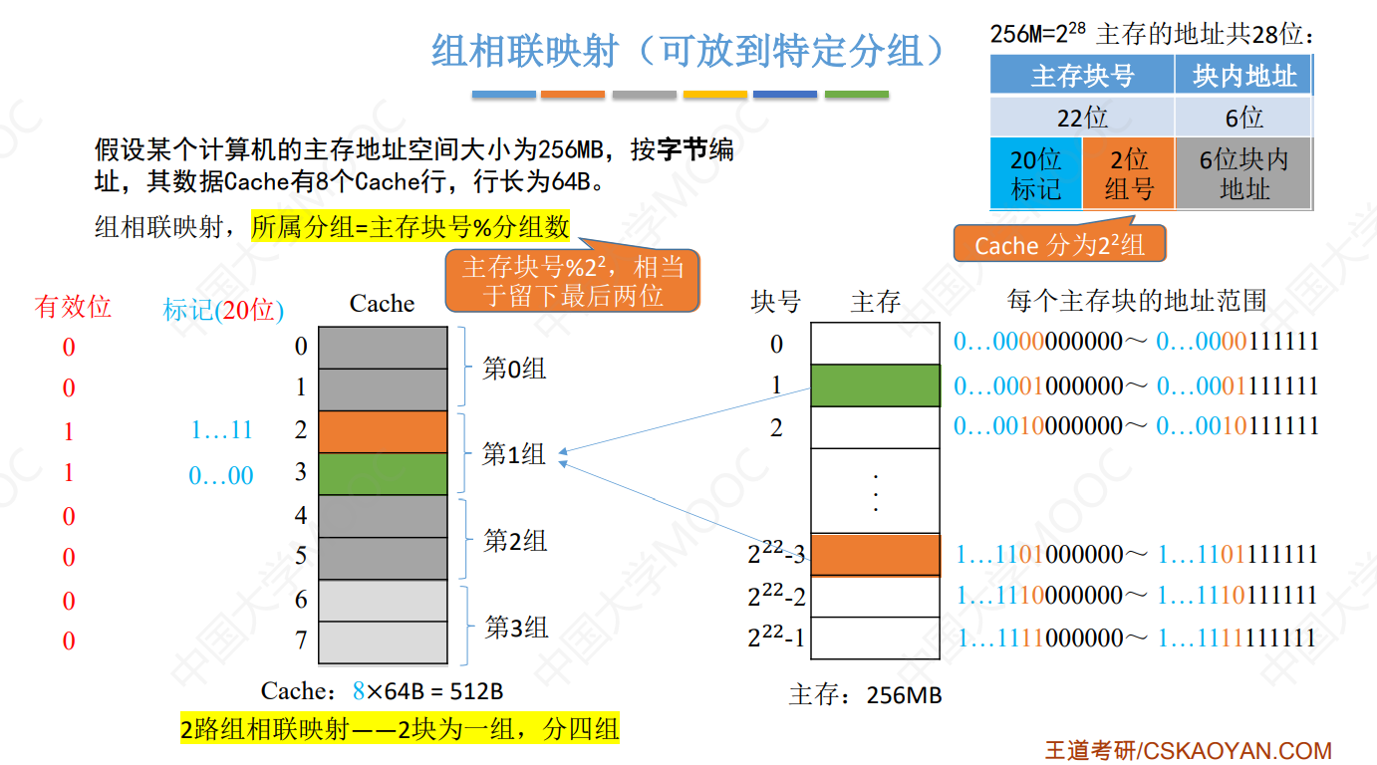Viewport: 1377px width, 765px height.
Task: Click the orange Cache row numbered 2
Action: tap(383, 431)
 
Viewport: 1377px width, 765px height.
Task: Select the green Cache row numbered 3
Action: tap(383, 474)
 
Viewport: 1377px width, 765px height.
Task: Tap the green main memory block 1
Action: tap(875, 385)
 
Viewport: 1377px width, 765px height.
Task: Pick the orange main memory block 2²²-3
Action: tap(875, 555)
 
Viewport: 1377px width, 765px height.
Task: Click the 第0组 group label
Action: tap(514, 369)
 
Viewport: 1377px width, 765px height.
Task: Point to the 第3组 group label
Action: tap(516, 628)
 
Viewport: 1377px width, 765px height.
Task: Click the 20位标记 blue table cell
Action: tap(1035, 174)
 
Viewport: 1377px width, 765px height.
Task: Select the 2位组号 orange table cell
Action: tap(1128, 174)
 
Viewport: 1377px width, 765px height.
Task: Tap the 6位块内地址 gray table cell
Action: tap(1243, 174)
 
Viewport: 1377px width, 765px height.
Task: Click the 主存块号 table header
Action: tap(1082, 77)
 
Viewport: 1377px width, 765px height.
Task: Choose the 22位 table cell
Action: tap(1082, 118)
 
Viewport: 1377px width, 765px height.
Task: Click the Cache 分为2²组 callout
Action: tap(1059, 245)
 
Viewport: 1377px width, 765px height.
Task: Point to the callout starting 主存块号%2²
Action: tap(573, 281)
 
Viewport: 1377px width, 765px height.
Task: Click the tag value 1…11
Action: tap(221, 430)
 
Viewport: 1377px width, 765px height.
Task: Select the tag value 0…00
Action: tap(221, 476)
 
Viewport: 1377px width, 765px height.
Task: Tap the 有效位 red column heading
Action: tap(73, 307)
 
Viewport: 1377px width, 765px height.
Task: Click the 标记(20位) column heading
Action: tap(223, 310)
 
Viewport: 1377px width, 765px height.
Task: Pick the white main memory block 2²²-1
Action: tap(875, 637)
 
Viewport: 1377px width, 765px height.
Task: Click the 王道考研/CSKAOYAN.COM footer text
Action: tap(1188, 750)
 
